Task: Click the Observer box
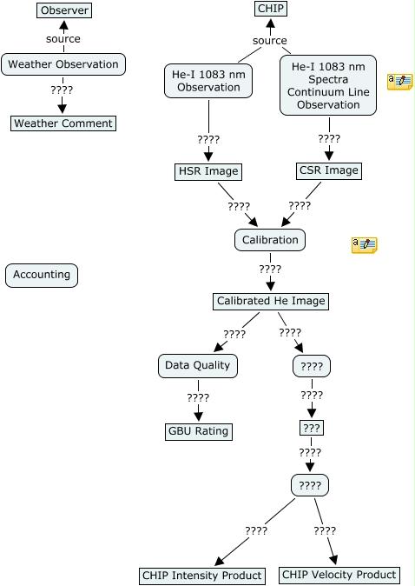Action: [x=64, y=10]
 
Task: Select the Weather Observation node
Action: [x=63, y=64]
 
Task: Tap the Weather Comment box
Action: [x=63, y=123]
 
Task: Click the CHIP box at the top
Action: [x=271, y=9]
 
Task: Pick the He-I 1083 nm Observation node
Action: [x=208, y=81]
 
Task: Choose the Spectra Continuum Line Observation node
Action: [x=328, y=85]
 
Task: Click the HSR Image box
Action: [x=208, y=171]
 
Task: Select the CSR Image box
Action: [x=329, y=170]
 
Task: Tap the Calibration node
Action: [x=270, y=240]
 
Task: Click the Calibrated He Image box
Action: [x=271, y=301]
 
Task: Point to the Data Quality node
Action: [x=198, y=365]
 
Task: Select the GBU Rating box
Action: [x=199, y=431]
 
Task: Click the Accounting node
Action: [x=42, y=275]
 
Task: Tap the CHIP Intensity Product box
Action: [x=202, y=576]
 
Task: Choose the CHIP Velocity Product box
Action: [x=339, y=575]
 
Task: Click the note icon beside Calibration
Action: [x=365, y=245]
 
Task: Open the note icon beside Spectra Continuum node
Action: [x=400, y=82]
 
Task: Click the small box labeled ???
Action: [x=312, y=428]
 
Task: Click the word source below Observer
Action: [x=63, y=39]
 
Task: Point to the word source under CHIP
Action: [x=270, y=40]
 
